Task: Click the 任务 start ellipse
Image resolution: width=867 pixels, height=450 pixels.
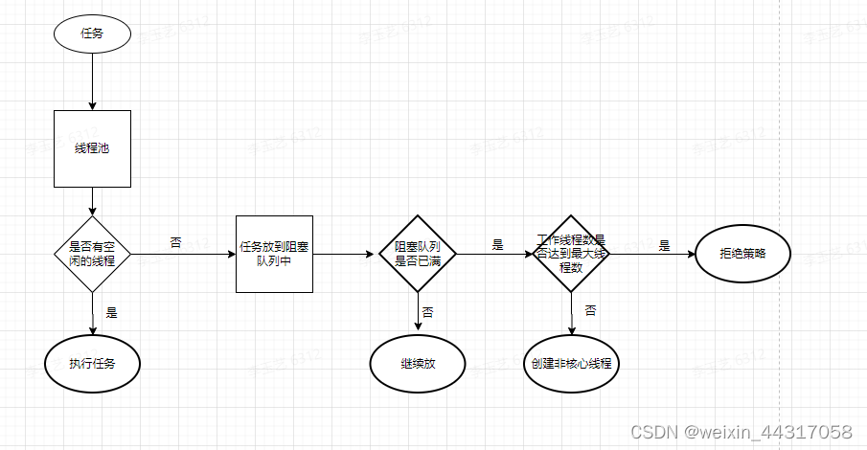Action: (x=92, y=34)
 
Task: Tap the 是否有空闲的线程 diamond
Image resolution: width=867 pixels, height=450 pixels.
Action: (x=92, y=254)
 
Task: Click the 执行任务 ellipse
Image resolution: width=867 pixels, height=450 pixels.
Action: (x=92, y=364)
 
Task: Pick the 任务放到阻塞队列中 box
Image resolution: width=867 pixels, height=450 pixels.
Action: (x=274, y=254)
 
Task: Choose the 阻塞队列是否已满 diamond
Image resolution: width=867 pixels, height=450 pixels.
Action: (x=418, y=254)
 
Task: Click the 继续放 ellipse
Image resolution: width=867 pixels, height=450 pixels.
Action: (x=418, y=364)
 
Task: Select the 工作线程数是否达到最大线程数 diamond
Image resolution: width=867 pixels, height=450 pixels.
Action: (x=571, y=254)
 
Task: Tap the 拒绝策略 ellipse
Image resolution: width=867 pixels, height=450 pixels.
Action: (x=742, y=254)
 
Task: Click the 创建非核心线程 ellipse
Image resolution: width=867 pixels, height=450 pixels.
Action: (x=571, y=364)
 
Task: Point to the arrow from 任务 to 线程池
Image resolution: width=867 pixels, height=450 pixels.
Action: (x=92, y=81)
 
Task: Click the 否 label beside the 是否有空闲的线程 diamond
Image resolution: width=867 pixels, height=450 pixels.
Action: (x=175, y=243)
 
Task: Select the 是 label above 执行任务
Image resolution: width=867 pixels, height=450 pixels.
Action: (x=111, y=312)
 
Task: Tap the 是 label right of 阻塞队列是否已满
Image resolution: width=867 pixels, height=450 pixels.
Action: (x=497, y=245)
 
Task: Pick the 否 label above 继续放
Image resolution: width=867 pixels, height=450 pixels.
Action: (x=427, y=312)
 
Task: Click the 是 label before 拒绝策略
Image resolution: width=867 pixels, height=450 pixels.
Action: (x=664, y=245)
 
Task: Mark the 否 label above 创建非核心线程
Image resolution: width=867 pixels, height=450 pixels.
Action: (x=590, y=310)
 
